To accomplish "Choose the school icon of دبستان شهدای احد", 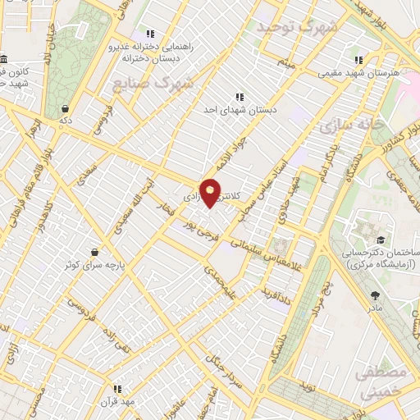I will pos(240,96).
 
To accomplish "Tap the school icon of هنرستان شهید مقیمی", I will pos(358,60).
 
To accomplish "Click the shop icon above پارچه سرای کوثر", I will pos(96,251).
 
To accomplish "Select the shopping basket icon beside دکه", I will pos(65,108).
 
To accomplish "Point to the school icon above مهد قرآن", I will pos(117,388).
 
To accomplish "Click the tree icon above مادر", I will pos(375,295).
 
